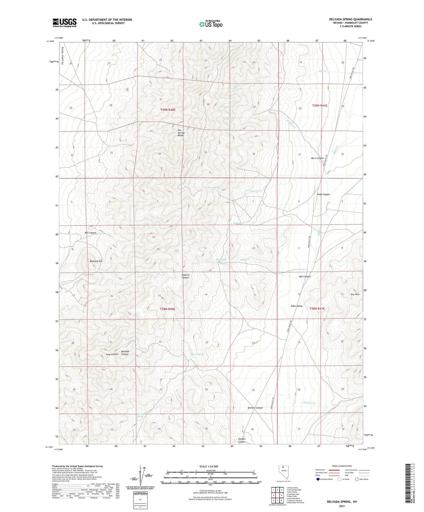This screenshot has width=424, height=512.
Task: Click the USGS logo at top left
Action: (x=65, y=23)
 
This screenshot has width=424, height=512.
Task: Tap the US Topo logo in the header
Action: (x=211, y=24)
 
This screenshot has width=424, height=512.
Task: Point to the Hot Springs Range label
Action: (x=181, y=133)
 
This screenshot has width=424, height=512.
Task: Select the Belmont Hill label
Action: (x=96, y=261)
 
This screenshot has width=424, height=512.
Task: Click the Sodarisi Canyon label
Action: (x=185, y=276)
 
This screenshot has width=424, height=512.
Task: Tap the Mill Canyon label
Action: (x=90, y=233)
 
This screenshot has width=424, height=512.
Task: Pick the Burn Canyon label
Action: (x=317, y=158)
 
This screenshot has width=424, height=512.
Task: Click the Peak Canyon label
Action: (x=323, y=194)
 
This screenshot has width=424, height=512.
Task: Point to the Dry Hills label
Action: (x=355, y=294)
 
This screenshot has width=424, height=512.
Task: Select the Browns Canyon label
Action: (x=255, y=408)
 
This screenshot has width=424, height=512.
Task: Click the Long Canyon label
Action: (x=112, y=355)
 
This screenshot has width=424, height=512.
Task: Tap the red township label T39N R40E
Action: (x=168, y=110)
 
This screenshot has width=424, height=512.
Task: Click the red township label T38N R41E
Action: (x=317, y=308)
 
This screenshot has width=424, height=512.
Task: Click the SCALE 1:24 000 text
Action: (x=209, y=467)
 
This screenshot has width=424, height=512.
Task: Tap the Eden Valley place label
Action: (x=296, y=306)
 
